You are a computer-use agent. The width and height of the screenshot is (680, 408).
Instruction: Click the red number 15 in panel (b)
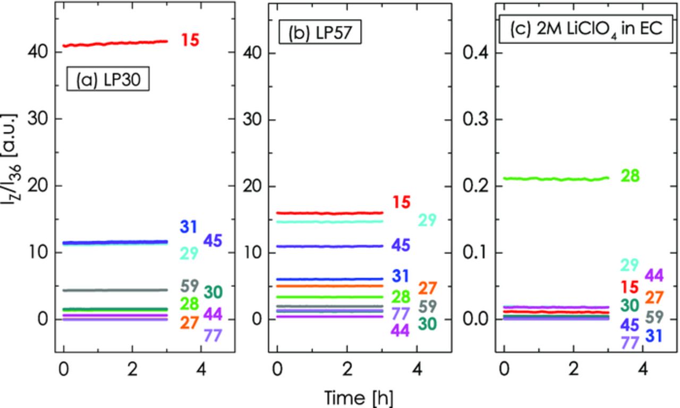402,202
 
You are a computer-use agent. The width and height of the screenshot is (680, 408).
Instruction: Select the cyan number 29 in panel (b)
427,220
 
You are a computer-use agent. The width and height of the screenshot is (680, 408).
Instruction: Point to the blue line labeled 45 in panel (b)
329,246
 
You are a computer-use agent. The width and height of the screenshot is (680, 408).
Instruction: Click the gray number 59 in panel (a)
189,286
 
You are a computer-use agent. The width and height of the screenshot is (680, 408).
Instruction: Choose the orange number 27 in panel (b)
427,288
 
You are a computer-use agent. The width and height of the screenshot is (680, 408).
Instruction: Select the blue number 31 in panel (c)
653,335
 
